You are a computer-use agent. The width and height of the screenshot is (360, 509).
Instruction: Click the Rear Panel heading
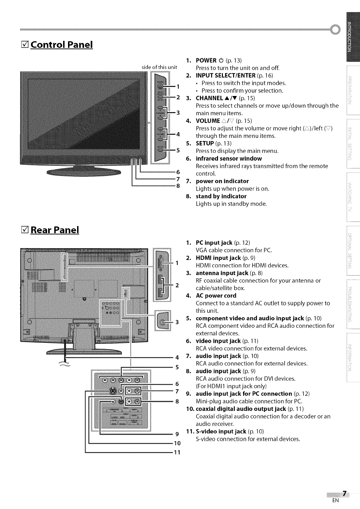tap(55, 230)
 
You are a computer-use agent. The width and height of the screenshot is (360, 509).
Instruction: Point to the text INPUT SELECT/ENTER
tap(225, 75)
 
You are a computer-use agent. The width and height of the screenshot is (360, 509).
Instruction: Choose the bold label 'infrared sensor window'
tap(228, 158)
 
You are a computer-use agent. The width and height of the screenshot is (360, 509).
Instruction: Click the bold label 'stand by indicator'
tap(221, 196)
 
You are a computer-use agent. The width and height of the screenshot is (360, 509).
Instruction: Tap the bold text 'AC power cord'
tap(216, 296)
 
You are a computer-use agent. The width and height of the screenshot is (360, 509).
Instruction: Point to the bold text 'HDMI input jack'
tap(218, 258)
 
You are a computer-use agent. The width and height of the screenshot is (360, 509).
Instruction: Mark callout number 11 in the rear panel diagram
tap(177, 453)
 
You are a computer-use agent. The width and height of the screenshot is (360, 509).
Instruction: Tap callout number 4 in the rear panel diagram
tap(177, 357)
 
